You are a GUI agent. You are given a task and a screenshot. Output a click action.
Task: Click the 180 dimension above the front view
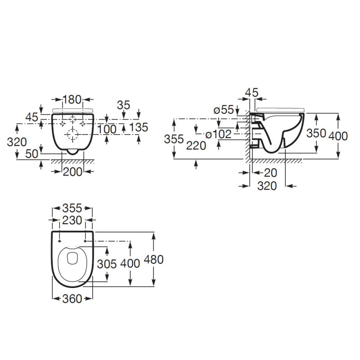(72, 99)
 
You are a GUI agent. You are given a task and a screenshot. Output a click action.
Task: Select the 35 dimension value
(123, 105)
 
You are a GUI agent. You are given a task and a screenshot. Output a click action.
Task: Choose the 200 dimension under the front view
(72, 171)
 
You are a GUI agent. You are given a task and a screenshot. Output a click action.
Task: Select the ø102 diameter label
(218, 134)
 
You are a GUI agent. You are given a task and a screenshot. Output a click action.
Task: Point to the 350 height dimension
(316, 133)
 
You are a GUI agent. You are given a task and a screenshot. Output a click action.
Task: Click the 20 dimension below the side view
(270, 172)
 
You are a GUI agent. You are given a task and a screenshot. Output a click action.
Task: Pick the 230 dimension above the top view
(72, 220)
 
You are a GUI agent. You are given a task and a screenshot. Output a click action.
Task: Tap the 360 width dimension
(72, 298)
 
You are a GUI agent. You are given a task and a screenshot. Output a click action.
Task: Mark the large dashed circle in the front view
(72, 133)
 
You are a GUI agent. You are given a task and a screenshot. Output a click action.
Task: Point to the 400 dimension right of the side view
(338, 135)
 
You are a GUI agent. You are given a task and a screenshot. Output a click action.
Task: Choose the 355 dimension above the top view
(72, 208)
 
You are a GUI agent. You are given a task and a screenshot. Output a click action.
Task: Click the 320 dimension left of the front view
(17, 142)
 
